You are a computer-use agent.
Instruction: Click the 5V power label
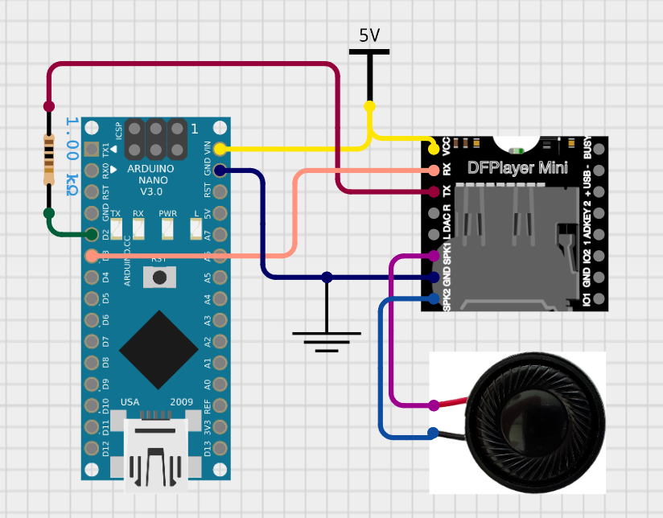click(x=369, y=35)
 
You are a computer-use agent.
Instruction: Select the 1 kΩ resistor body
click(x=49, y=159)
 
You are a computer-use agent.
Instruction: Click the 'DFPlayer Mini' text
click(x=517, y=168)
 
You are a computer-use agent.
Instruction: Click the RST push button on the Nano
click(x=159, y=277)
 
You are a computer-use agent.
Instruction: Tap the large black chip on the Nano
click(x=159, y=347)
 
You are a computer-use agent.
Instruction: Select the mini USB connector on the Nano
click(x=158, y=454)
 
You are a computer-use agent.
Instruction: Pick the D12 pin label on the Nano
click(x=105, y=447)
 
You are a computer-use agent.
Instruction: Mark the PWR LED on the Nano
click(x=167, y=228)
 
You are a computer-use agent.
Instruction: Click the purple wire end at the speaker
click(x=434, y=405)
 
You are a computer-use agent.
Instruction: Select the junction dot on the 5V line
click(x=369, y=106)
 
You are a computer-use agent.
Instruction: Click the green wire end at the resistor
click(x=49, y=214)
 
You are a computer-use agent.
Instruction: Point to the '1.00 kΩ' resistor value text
click(x=72, y=156)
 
